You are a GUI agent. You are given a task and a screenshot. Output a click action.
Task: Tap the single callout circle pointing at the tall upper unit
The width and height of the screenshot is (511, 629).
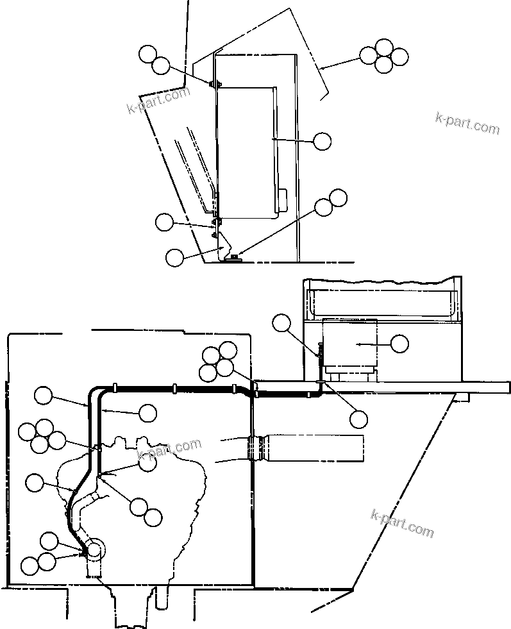coord(322,141)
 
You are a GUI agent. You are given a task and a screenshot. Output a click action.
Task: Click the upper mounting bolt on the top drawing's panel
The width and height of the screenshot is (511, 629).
coord(215,83)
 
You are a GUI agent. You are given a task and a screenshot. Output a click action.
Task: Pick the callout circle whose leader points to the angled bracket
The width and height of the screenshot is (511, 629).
coord(174,257)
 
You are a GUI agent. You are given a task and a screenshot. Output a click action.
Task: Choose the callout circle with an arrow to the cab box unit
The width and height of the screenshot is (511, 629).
coord(399,344)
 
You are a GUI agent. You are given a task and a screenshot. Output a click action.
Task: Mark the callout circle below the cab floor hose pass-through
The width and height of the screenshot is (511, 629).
coord(358,419)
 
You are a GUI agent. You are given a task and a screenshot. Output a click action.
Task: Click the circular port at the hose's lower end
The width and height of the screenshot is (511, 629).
coord(94,549)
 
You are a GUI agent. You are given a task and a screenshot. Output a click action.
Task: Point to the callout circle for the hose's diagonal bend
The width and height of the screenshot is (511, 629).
coord(35,482)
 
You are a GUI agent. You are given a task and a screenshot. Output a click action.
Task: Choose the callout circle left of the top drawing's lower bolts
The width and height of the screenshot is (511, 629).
coord(165,222)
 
